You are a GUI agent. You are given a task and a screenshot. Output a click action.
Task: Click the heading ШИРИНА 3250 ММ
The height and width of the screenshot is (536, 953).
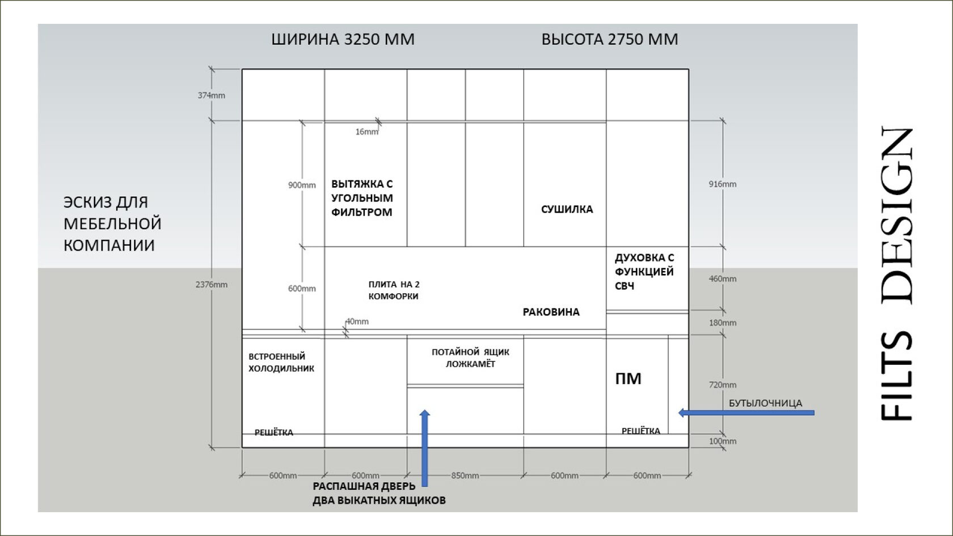coord(343,39)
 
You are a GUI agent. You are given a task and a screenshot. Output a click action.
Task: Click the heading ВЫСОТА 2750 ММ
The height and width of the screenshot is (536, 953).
coord(609,39)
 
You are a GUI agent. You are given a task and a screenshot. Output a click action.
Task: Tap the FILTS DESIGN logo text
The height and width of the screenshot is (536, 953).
coord(897,273)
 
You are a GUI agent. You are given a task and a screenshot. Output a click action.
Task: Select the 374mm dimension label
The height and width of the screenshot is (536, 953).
coord(211,95)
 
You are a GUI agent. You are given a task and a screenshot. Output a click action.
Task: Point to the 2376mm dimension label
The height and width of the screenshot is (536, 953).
coord(211,285)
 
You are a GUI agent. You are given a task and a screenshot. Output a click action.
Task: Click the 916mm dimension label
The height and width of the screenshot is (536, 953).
coord(722,184)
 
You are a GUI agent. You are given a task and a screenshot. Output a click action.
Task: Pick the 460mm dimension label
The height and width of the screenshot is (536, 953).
coord(722,278)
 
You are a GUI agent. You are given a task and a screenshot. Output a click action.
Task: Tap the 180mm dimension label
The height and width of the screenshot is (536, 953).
coord(722,323)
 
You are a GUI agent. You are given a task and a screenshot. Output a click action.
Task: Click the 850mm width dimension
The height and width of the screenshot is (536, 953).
coord(465,475)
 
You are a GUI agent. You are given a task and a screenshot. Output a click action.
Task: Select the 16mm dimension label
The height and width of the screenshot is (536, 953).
coord(366,132)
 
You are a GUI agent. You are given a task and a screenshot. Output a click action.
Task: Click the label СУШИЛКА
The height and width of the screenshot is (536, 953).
coord(567,209)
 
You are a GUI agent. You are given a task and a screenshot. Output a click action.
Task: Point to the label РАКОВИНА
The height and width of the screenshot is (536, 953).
coord(551,312)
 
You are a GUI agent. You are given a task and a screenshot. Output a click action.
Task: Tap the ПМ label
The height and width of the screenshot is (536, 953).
coord(628,379)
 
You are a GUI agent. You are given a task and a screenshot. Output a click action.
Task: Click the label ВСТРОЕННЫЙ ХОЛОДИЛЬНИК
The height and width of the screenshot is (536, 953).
coord(281,362)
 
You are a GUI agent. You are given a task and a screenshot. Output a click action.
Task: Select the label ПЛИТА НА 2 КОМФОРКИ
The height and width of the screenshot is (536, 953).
coord(394,290)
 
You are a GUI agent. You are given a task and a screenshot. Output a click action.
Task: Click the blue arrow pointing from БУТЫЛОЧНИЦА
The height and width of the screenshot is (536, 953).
coord(746,413)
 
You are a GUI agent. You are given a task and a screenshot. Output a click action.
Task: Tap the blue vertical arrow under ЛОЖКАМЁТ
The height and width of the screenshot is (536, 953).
coord(424,448)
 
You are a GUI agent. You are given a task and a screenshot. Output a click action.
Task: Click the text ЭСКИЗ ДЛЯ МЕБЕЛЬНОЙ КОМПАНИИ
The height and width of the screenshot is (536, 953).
coord(112,223)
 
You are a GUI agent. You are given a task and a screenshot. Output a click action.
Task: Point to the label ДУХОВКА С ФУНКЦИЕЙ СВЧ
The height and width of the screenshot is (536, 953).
coord(644,272)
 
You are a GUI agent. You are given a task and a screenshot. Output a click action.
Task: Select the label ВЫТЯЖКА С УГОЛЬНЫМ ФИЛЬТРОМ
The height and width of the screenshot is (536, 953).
coord(362,198)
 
